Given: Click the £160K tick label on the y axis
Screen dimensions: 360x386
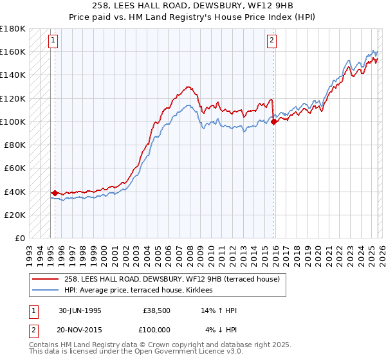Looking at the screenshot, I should click(x=14, y=51).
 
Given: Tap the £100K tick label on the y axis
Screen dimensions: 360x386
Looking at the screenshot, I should click(x=14, y=122).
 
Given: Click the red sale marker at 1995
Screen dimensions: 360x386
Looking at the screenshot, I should click(x=55, y=192).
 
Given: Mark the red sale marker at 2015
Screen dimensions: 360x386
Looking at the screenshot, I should click(x=273, y=121).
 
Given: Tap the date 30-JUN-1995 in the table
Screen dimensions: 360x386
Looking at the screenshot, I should click(x=80, y=310).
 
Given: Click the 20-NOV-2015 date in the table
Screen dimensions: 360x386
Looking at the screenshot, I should click(x=80, y=330).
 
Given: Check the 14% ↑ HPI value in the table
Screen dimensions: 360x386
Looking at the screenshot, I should click(x=220, y=310).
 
